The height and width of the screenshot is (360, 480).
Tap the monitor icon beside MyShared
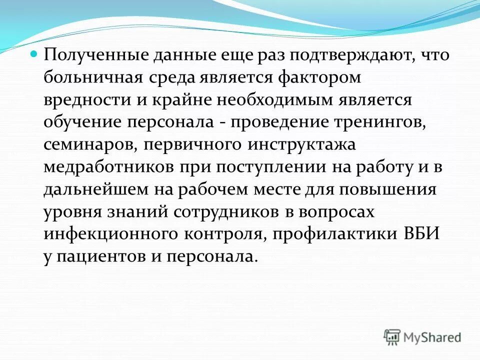392,337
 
